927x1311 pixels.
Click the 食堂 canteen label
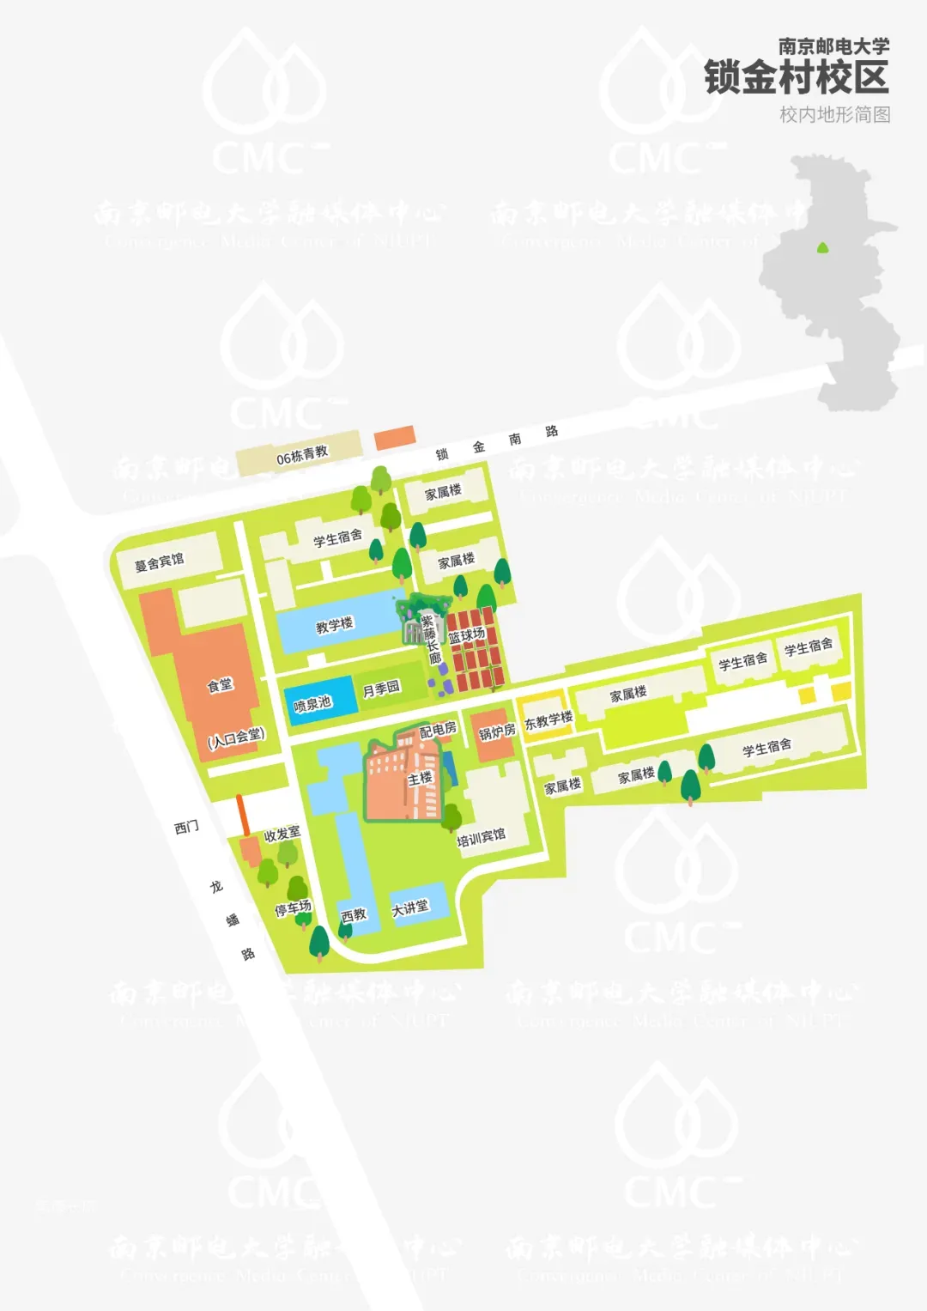pyautogui.click(x=220, y=684)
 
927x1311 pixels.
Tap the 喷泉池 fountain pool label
pyautogui.click(x=312, y=704)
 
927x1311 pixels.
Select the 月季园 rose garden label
pyautogui.click(x=381, y=689)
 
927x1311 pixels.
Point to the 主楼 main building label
pyautogui.click(x=421, y=778)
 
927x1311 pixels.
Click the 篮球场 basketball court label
pyautogui.click(x=467, y=635)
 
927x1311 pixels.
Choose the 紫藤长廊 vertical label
pyautogui.click(x=429, y=639)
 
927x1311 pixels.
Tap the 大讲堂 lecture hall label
pyautogui.click(x=410, y=907)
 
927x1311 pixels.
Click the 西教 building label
pyautogui.click(x=354, y=915)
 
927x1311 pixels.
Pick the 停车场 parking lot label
pyautogui.click(x=293, y=907)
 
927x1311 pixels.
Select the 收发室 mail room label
pyautogui.click(x=282, y=834)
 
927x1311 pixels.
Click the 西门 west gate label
pyautogui.click(x=186, y=827)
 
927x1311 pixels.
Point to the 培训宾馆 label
pyautogui.click(x=481, y=837)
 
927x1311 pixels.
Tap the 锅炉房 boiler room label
pyautogui.click(x=497, y=731)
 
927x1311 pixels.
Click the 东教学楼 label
pyautogui.click(x=548, y=720)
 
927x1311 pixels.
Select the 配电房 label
pyautogui.click(x=438, y=730)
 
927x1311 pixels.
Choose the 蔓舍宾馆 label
pyautogui.click(x=159, y=562)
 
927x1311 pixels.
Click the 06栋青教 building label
pyautogui.click(x=302, y=456)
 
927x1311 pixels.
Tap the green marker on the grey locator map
pyautogui.click(x=822, y=248)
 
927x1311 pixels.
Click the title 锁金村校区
pyautogui.click(x=796, y=78)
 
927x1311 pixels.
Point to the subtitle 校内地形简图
pyautogui.click(x=834, y=115)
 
